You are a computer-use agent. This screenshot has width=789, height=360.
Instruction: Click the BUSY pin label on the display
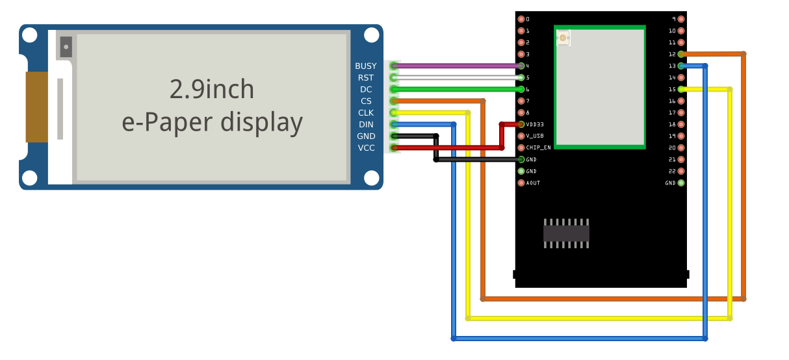click(365, 66)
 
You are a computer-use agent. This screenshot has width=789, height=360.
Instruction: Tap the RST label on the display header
click(366, 78)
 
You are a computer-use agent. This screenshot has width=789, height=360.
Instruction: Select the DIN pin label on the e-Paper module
click(366, 125)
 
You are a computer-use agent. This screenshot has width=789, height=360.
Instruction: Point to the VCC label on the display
click(366, 148)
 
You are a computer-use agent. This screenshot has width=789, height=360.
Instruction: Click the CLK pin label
click(366, 113)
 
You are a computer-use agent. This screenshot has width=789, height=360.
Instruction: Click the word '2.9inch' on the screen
click(212, 89)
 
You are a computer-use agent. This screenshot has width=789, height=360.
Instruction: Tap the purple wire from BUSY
click(455, 66)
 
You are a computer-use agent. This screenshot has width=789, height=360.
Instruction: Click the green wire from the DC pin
click(455, 89)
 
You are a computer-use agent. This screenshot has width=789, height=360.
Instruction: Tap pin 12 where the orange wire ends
click(680, 54)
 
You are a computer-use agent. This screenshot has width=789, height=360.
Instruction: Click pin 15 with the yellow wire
click(680, 89)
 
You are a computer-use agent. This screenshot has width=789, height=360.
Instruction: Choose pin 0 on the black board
click(521, 19)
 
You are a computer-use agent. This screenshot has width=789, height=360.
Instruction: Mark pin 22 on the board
click(680, 171)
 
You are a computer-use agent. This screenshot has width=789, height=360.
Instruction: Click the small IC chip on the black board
click(566, 233)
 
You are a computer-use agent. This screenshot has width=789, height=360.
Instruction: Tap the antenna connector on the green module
click(563, 38)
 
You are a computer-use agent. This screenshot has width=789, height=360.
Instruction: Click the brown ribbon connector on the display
click(36, 107)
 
